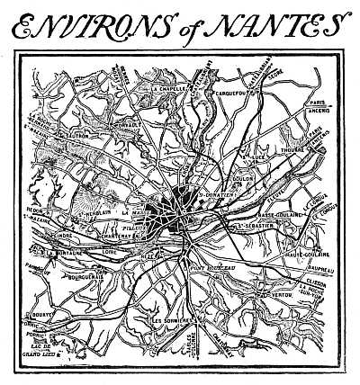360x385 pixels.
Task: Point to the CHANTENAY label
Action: [x=121, y=235]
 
